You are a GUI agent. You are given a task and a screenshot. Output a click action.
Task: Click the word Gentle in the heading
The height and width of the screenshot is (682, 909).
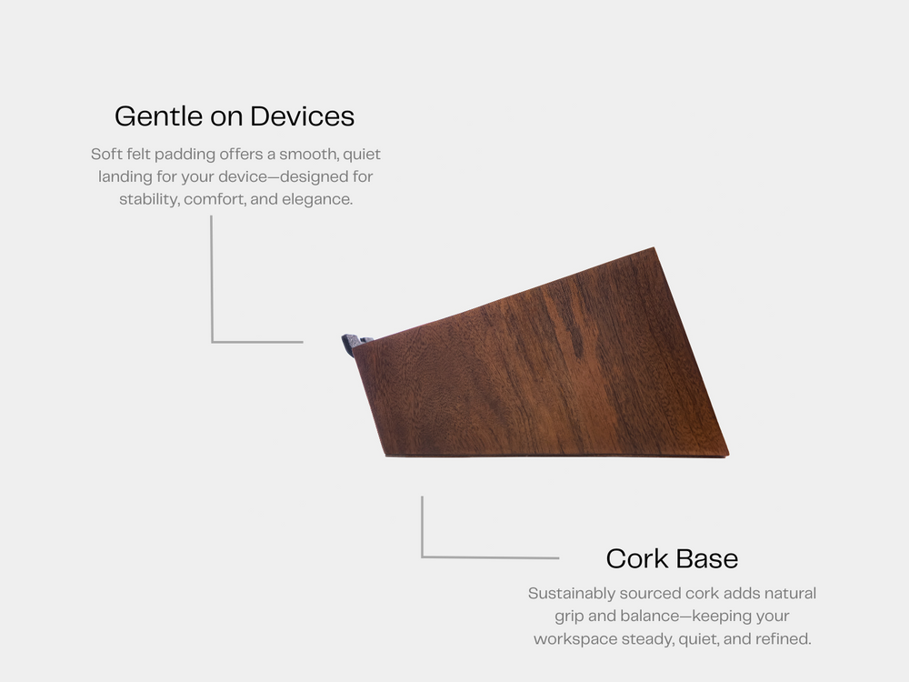pos(158,116)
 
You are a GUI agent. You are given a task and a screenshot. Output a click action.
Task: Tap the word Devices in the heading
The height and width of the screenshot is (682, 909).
pos(302,116)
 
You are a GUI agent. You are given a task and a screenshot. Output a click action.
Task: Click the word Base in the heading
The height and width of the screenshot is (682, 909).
pos(706,558)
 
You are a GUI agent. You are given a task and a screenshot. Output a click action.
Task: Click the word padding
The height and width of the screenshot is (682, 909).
pos(185,155)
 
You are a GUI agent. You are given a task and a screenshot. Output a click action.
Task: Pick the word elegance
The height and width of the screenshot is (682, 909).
pos(317,199)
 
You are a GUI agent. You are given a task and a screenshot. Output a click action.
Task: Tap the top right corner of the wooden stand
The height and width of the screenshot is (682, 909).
pos(654,247)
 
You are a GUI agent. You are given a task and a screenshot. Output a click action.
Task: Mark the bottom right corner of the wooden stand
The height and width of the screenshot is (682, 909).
pos(729,456)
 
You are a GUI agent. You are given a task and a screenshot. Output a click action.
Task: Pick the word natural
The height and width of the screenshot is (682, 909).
pos(790,594)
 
